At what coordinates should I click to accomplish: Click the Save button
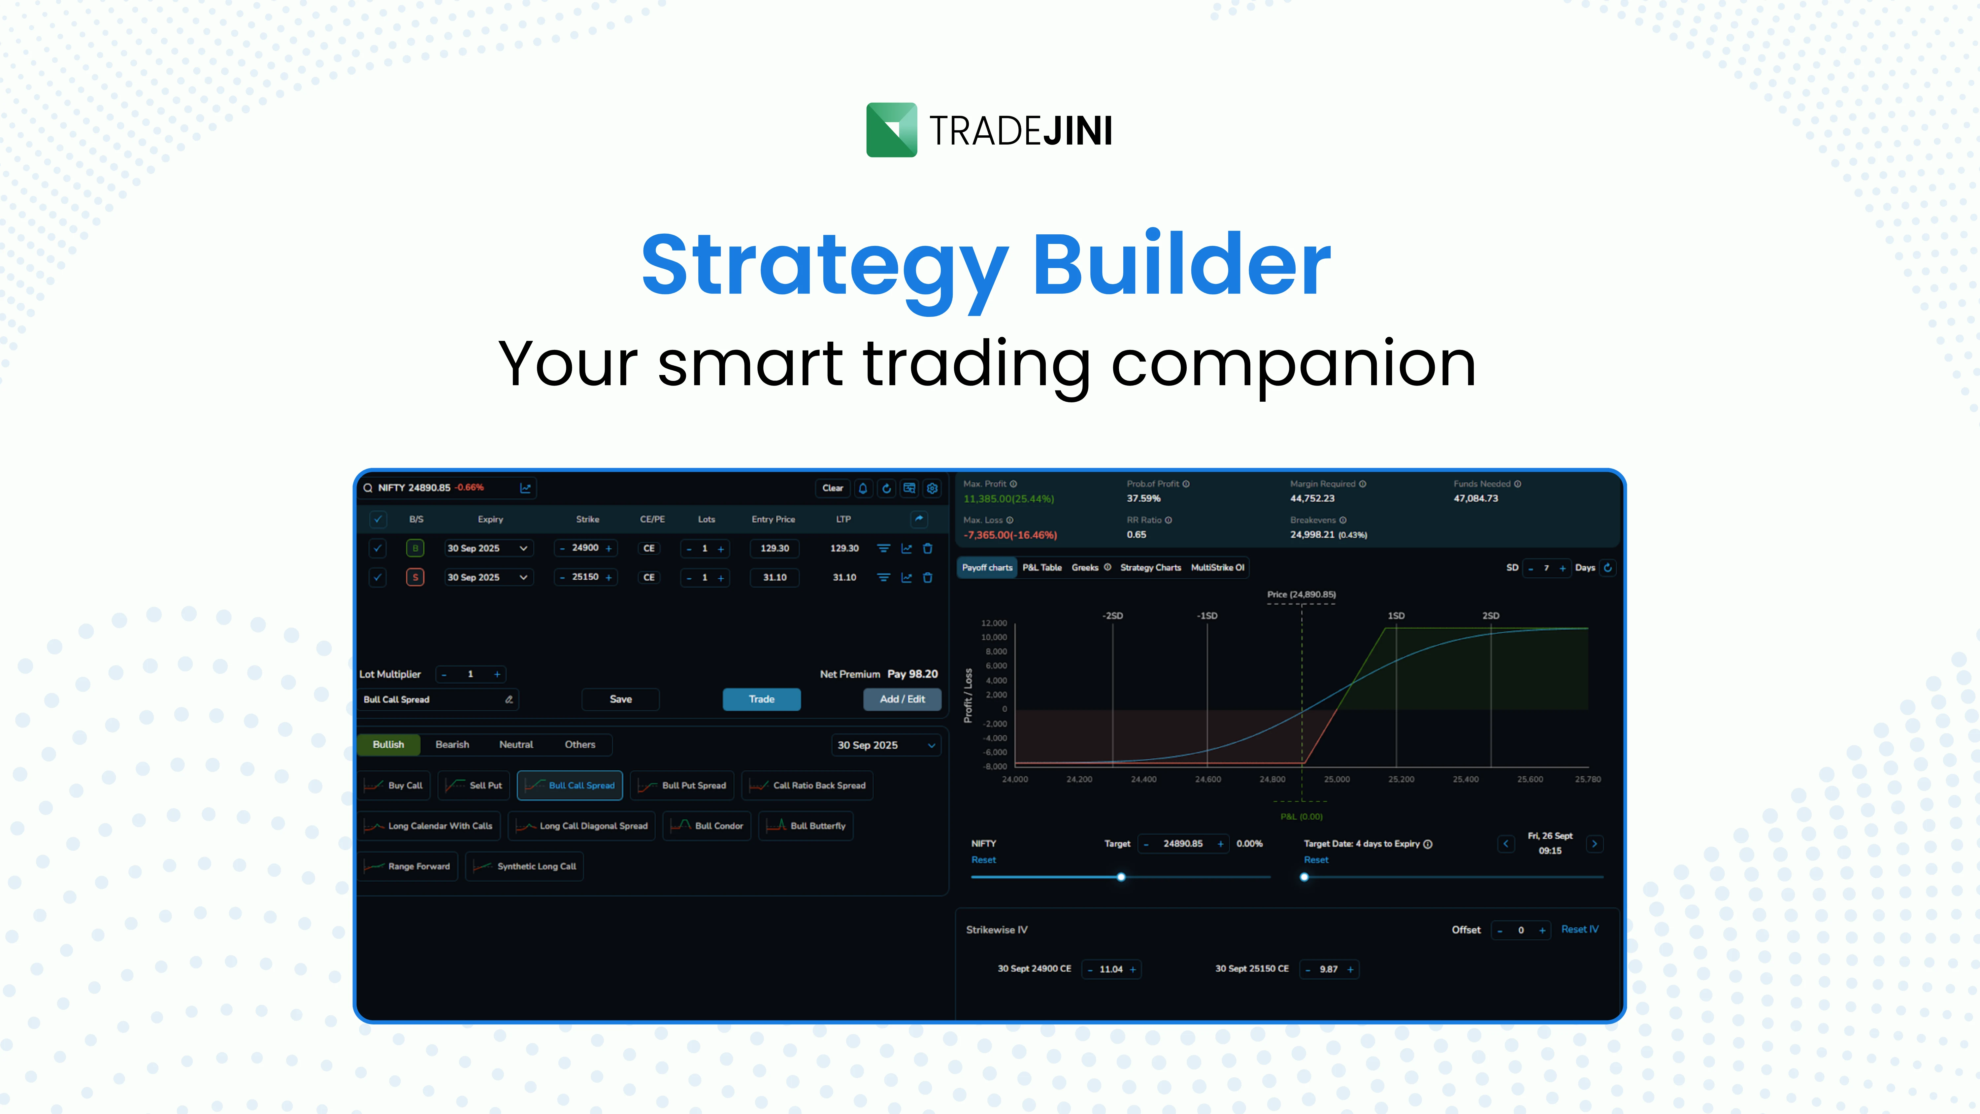[620, 699]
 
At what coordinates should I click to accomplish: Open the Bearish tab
[452, 744]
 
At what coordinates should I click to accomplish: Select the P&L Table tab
[1041, 567]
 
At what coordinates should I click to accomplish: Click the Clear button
[833, 488]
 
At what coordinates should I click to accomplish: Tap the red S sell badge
[415, 577]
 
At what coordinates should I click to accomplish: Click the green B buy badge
[415, 548]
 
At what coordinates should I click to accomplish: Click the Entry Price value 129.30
[775, 548]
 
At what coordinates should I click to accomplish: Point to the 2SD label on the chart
[1490, 616]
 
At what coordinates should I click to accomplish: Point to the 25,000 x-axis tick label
[1336, 780]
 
